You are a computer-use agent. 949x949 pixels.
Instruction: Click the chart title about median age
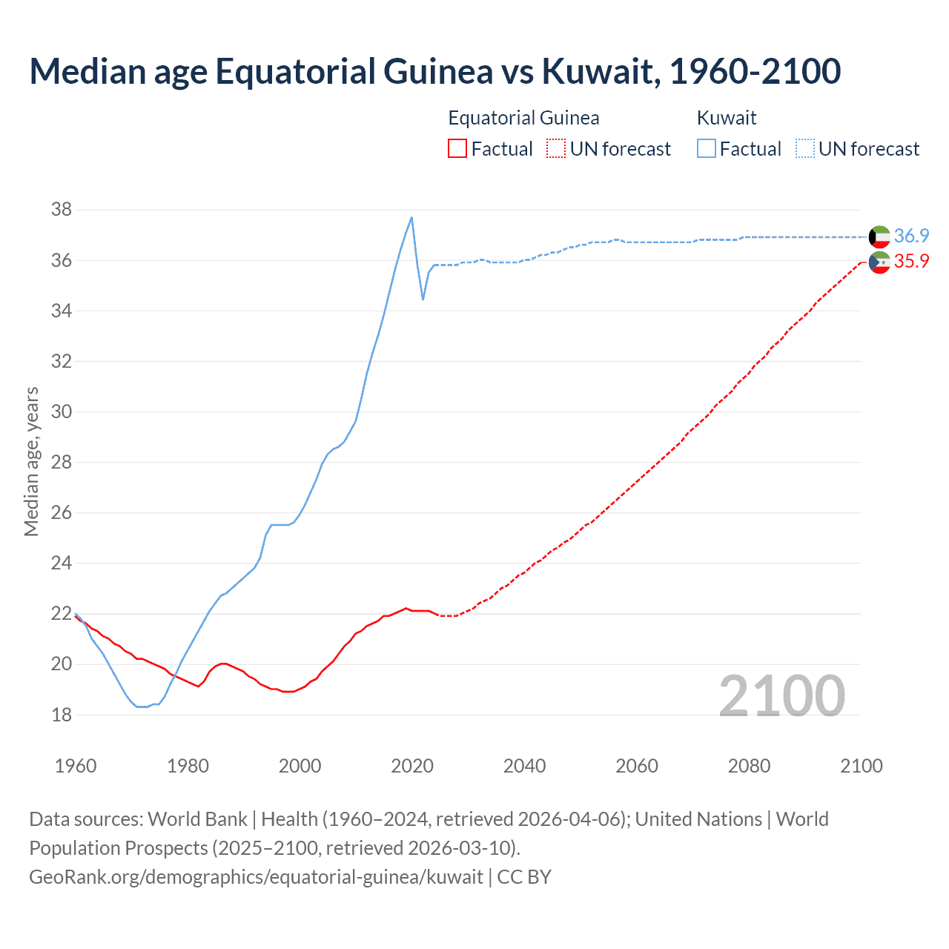(x=434, y=71)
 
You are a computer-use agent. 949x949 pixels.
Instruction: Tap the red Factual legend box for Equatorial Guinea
(x=457, y=149)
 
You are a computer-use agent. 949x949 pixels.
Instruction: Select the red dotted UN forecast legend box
(x=556, y=149)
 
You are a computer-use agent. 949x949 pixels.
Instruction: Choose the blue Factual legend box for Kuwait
(x=707, y=149)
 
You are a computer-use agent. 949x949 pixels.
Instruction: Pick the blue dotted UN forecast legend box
(x=804, y=149)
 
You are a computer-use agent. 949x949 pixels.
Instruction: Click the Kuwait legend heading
(x=727, y=118)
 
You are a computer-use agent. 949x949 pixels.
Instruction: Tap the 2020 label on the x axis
(x=411, y=766)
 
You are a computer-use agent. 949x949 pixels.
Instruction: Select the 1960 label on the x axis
(x=76, y=766)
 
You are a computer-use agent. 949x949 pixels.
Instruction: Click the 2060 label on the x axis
(x=636, y=766)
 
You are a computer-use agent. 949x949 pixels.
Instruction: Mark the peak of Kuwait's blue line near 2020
(x=411, y=217)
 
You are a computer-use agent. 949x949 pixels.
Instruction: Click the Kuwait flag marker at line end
(x=879, y=237)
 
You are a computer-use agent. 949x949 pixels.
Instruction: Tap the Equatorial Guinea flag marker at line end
(x=879, y=262)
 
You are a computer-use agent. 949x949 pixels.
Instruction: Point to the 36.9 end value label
(x=911, y=236)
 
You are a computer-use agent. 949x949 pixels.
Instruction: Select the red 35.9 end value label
(x=911, y=262)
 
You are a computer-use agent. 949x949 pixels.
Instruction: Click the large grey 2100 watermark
(x=781, y=695)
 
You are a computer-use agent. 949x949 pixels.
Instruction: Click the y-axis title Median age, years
(x=31, y=461)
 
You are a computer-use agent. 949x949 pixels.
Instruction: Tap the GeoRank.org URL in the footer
(x=256, y=877)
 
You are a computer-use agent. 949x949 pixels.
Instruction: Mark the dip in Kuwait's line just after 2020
(x=423, y=299)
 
